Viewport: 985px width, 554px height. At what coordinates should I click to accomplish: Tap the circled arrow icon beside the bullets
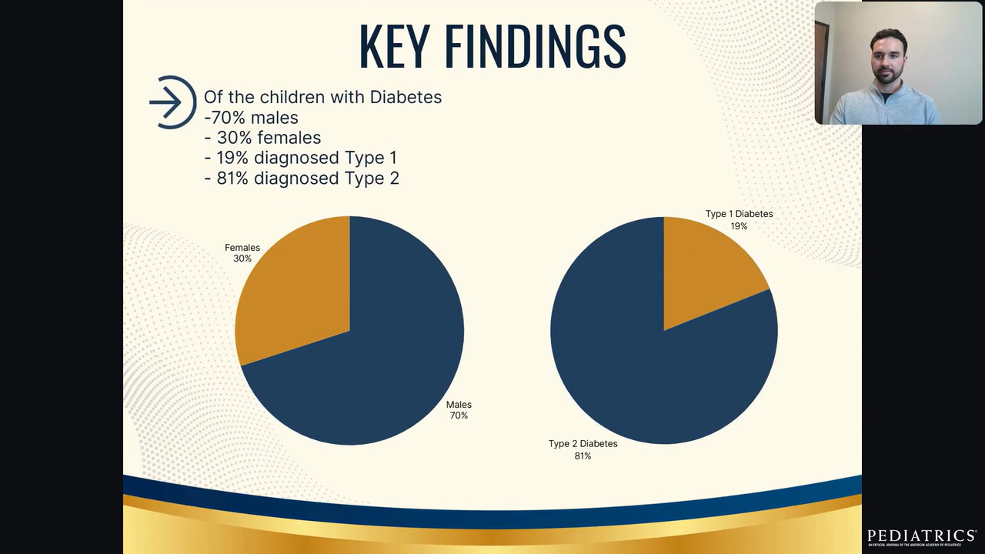[x=172, y=102]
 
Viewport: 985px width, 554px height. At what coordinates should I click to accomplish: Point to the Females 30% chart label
[x=242, y=253]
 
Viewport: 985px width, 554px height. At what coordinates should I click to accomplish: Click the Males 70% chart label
[x=459, y=410]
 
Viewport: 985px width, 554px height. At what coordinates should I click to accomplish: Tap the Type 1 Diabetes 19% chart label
[x=739, y=220]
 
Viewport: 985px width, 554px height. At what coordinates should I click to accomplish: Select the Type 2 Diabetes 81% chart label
[x=583, y=450]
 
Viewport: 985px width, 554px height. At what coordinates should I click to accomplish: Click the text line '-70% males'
[x=251, y=118]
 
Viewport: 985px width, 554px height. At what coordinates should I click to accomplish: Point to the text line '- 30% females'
[x=262, y=138]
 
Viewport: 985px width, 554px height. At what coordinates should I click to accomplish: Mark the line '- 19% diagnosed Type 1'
[x=301, y=158]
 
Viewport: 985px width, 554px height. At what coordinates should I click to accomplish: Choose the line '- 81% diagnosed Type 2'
[x=302, y=178]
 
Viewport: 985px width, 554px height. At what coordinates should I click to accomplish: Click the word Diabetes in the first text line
[x=406, y=98]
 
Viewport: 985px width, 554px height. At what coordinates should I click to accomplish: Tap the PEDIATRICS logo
[x=921, y=536]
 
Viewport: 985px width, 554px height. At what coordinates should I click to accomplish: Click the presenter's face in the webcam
[x=888, y=59]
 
